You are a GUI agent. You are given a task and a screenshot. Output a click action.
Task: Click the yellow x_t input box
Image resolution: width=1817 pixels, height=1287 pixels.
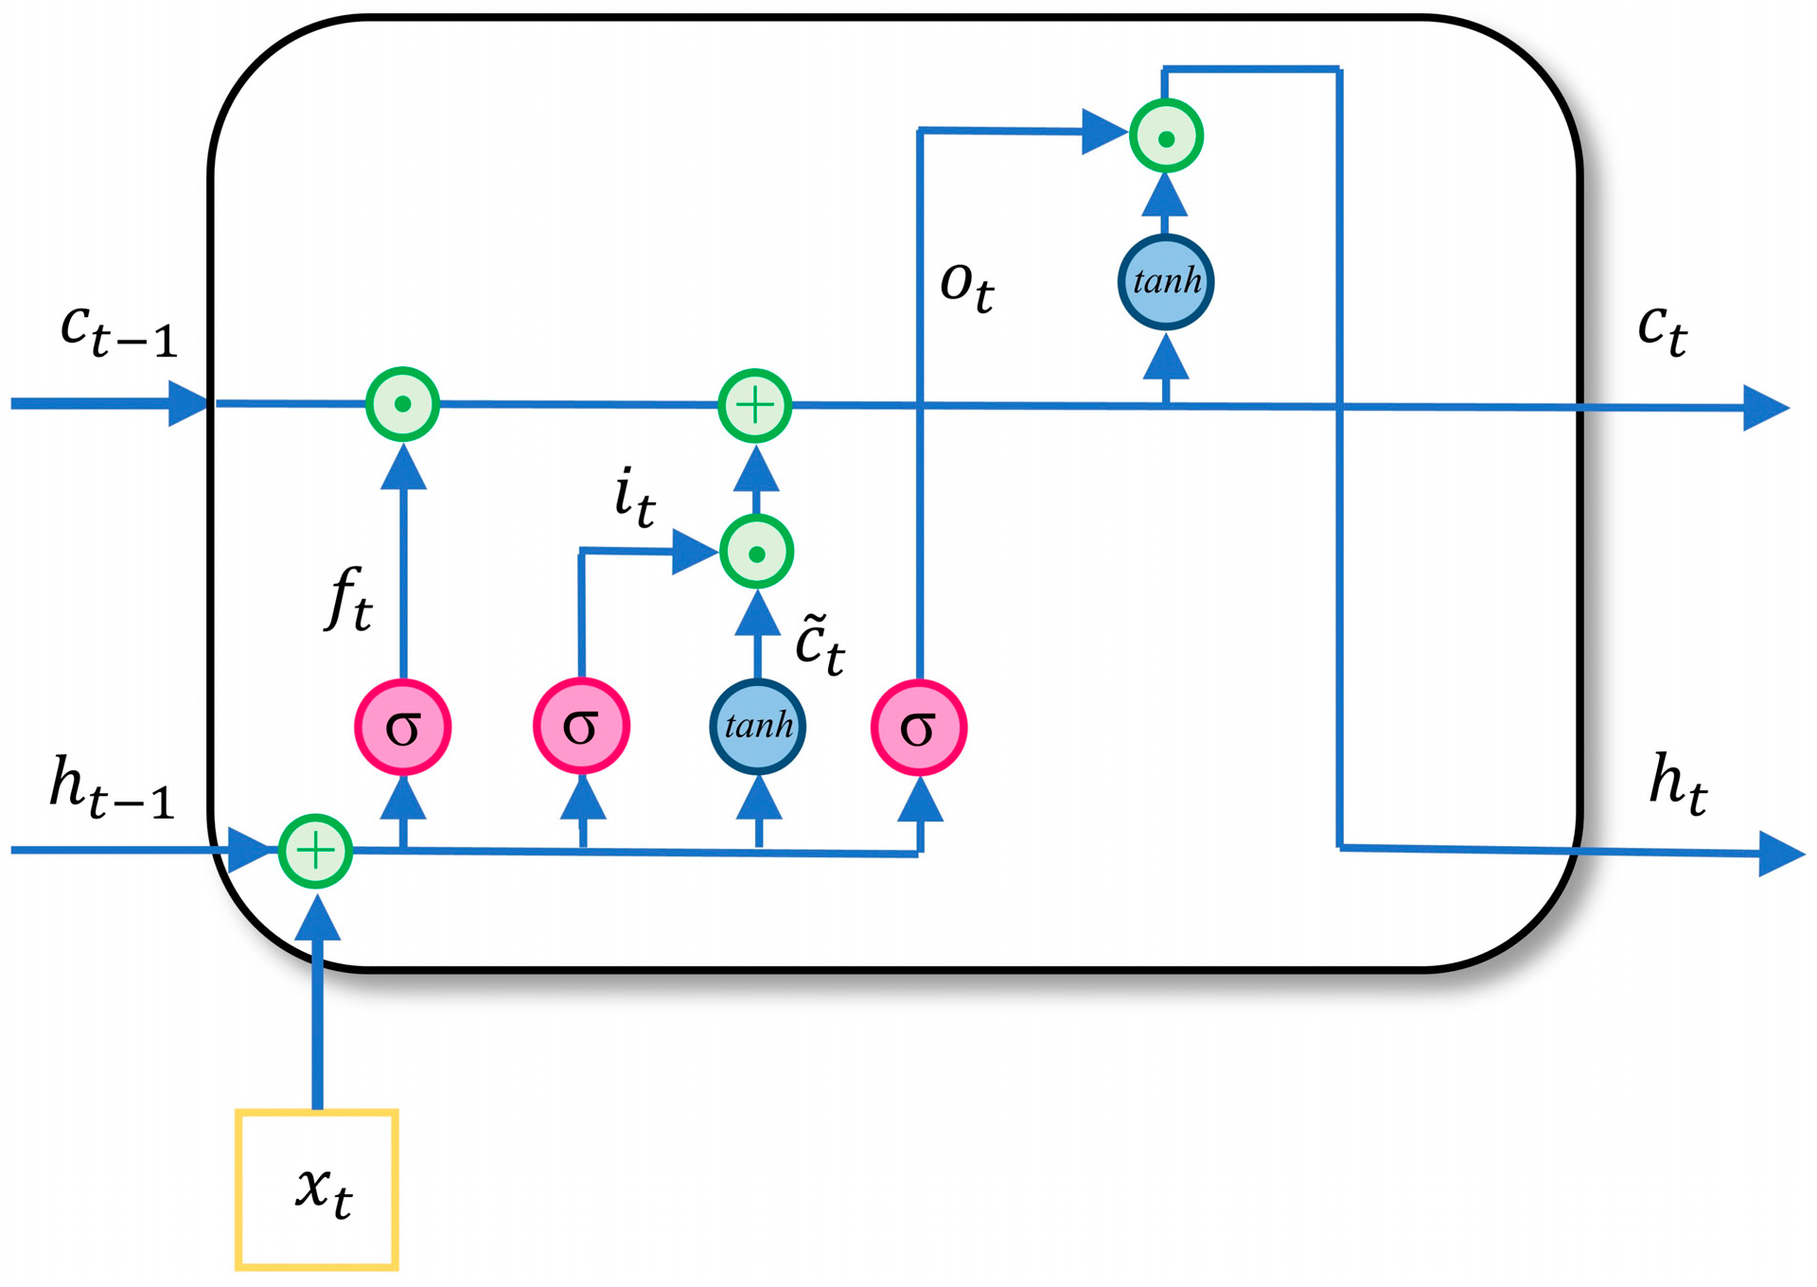coord(317,1189)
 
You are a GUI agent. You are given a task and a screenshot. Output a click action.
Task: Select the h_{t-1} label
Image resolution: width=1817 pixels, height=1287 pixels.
coord(112,787)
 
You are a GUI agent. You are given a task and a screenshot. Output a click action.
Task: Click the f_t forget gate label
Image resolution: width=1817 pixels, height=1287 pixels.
coord(349,598)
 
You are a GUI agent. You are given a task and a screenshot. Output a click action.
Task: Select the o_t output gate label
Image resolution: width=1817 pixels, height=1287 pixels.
coord(966,285)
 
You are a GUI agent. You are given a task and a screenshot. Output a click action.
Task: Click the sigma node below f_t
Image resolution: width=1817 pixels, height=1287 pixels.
coord(403,727)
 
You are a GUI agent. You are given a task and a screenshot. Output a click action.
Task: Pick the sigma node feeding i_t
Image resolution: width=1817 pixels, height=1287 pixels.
coord(581,726)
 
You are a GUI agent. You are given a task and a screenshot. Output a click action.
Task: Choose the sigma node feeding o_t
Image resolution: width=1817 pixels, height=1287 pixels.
coord(918,727)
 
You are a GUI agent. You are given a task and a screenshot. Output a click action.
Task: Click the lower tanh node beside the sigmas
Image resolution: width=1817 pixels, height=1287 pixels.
coord(758,726)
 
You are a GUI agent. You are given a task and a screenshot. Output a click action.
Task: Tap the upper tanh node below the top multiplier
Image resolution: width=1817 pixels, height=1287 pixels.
coord(1166,282)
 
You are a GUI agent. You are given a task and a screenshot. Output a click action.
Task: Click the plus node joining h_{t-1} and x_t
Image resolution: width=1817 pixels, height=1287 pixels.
coord(316,851)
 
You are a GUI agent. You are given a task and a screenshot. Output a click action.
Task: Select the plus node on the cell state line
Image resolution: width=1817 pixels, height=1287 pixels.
coord(754,406)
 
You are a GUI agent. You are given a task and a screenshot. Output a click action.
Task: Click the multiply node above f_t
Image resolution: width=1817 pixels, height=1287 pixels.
coord(403,404)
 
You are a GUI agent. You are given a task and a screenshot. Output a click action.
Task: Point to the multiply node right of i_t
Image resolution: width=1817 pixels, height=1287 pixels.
coord(756,553)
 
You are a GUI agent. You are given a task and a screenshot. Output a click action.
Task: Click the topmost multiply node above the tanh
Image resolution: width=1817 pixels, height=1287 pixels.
coord(1166,137)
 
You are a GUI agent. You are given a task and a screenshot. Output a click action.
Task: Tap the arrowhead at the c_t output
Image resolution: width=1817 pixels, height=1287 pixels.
coord(1764,409)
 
